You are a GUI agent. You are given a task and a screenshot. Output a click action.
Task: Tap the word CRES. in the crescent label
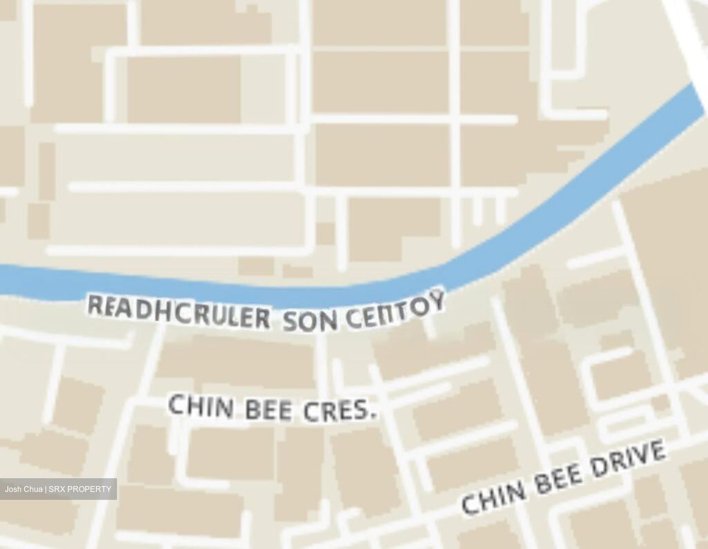click(339, 412)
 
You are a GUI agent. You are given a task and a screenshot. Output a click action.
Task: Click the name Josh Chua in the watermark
click(24, 490)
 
